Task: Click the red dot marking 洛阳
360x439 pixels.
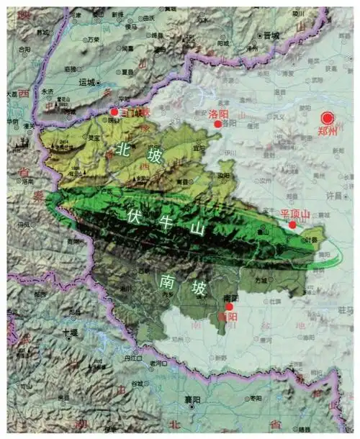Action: [x=218, y=124]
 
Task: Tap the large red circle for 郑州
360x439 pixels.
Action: [x=329, y=118]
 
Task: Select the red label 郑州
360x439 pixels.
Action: [x=328, y=132]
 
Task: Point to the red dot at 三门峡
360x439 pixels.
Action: [x=114, y=112]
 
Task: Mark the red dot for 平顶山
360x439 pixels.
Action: [x=292, y=225]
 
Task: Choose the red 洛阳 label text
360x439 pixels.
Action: [x=218, y=114]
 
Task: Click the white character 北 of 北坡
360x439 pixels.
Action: [x=124, y=148]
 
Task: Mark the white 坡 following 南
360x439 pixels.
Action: [x=198, y=289]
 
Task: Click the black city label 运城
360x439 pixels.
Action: [x=86, y=82]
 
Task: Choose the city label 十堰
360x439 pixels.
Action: [x=70, y=333]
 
